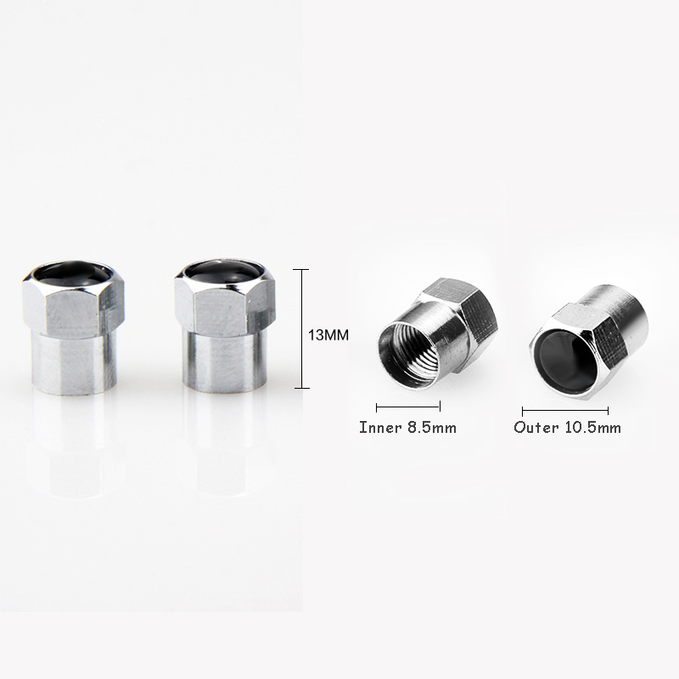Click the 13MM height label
328,335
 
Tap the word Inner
380,428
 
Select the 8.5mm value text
431,428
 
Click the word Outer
536,428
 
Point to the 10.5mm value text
592,428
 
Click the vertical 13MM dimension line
301,328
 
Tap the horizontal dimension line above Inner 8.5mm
408,407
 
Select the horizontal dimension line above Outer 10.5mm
565,411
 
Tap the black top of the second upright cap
224,272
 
